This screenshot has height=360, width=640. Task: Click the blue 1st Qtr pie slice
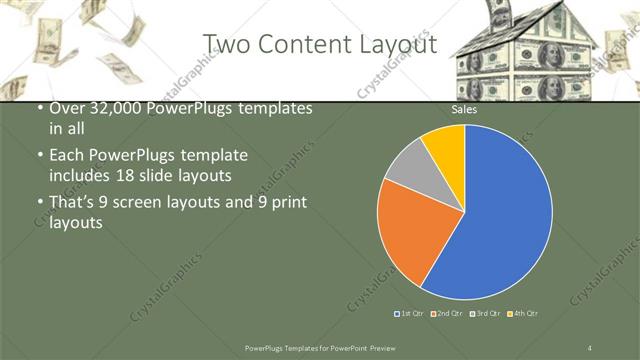click(505, 215)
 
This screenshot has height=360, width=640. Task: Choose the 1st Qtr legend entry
click(409, 314)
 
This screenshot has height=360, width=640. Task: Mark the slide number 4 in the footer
click(590, 347)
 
